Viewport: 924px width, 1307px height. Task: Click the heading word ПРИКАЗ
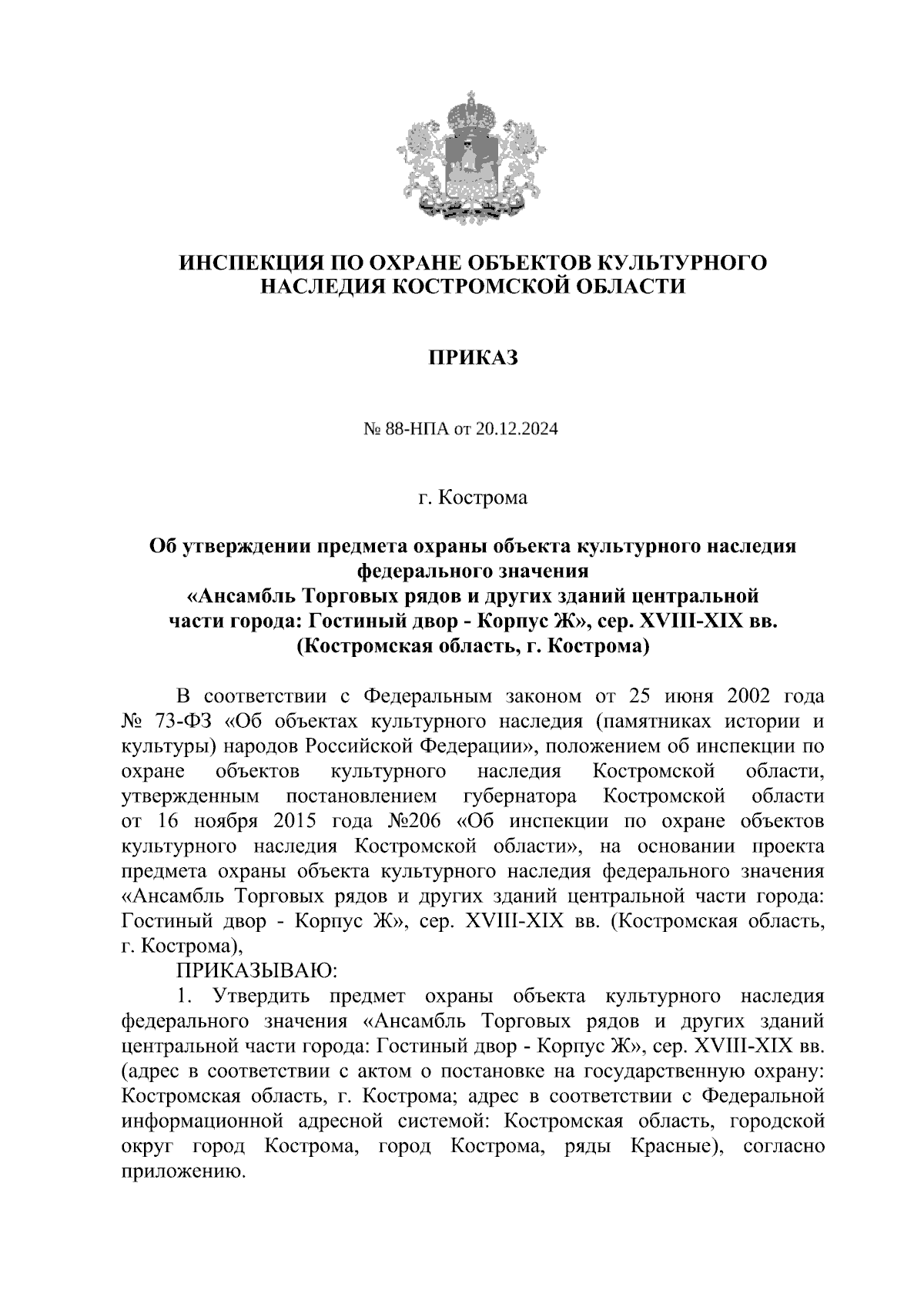pyautogui.click(x=473, y=358)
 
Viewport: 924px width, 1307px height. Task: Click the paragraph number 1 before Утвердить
pyautogui.click(x=182, y=997)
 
